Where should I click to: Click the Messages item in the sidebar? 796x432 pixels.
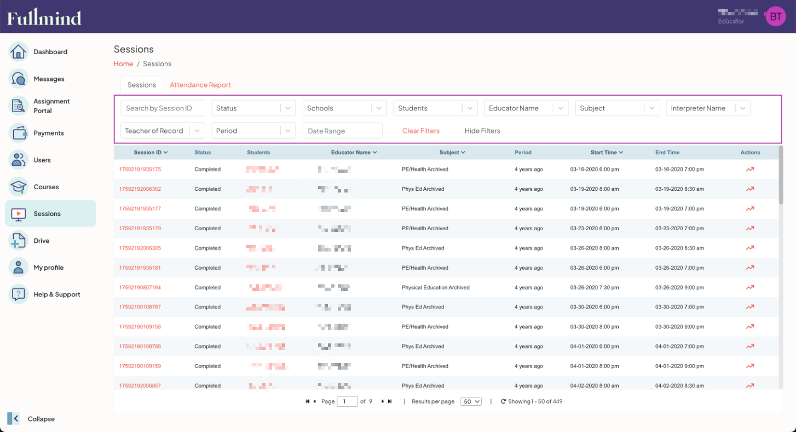click(48, 79)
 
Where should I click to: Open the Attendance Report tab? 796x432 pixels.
click(200, 85)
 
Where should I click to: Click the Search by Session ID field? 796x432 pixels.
click(163, 108)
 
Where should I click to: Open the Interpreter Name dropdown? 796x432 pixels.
click(707, 108)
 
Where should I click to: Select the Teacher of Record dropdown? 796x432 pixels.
click(162, 131)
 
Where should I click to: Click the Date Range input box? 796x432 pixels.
click(342, 131)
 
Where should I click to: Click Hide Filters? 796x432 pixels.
click(482, 131)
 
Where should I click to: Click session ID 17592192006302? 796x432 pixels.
click(140, 189)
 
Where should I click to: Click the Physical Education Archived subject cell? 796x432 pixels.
click(435, 288)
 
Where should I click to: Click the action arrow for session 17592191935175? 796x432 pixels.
click(749, 170)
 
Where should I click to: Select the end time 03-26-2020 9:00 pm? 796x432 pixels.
click(679, 288)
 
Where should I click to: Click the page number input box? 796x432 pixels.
click(347, 401)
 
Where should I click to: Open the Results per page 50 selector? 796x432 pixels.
click(470, 401)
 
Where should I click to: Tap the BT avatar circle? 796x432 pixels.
click(775, 16)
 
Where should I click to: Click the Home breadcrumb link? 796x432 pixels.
click(123, 64)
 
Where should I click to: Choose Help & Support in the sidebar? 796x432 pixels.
click(56, 295)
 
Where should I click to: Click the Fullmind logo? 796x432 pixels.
click(44, 17)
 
